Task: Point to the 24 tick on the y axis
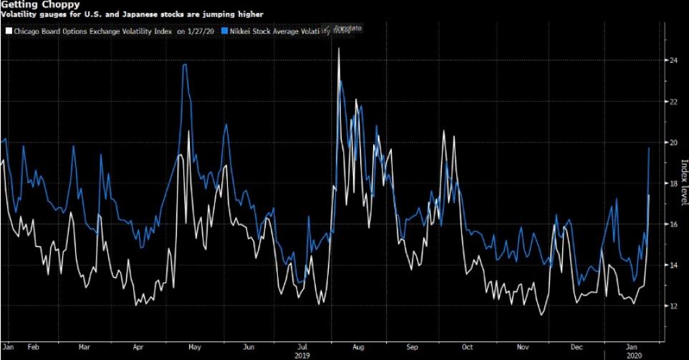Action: pyautogui.click(x=673, y=61)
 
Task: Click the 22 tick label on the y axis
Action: pyautogui.click(x=673, y=102)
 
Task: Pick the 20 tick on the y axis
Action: pyautogui.click(x=673, y=142)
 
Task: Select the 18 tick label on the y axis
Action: pyautogui.click(x=673, y=184)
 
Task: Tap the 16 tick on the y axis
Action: pyautogui.click(x=673, y=225)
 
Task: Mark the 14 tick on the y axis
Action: pyautogui.click(x=673, y=266)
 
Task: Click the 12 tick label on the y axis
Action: pyautogui.click(x=673, y=306)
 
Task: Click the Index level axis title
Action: pyautogui.click(x=683, y=183)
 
